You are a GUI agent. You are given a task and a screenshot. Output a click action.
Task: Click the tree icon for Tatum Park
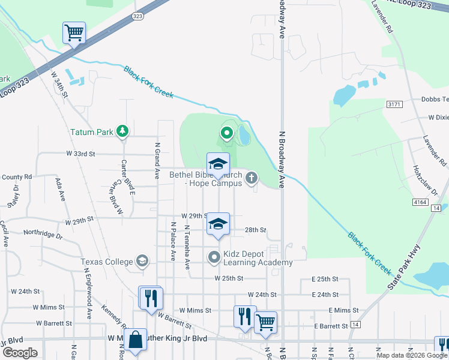[x=123, y=131]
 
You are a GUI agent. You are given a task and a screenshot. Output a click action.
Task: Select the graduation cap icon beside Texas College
[x=142, y=261]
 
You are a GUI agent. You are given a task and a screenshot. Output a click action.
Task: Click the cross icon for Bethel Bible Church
[x=251, y=177]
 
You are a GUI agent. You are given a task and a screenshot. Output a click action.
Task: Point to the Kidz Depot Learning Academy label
[x=258, y=258]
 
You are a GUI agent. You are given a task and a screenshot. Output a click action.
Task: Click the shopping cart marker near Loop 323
[x=74, y=33]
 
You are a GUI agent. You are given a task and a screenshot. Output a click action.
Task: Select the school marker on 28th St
[x=218, y=224]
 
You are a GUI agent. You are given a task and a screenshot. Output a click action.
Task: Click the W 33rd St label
[x=80, y=154]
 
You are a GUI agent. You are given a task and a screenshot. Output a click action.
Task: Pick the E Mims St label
[x=343, y=310]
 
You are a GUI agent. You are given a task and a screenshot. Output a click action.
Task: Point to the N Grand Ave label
[x=157, y=153]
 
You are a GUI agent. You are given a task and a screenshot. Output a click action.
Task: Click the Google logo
[x=20, y=352]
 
